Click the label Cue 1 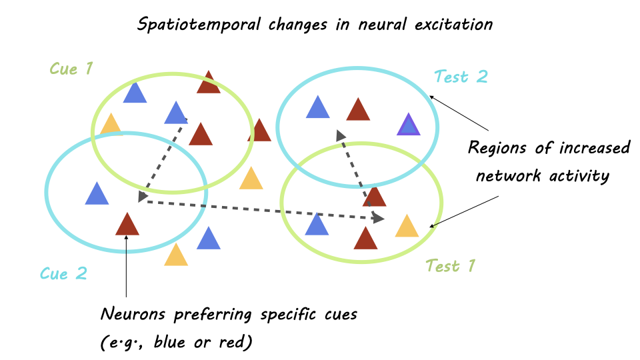[x=71, y=68]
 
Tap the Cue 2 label [x=63, y=273]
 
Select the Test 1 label [x=451, y=266]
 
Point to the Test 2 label [x=461, y=77]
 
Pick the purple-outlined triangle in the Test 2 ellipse [x=408, y=125]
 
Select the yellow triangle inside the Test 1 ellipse [x=406, y=227]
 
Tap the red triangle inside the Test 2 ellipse [x=358, y=110]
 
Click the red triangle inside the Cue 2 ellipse [x=127, y=224]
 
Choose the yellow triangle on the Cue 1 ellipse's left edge [x=111, y=125]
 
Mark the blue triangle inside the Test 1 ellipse [x=317, y=225]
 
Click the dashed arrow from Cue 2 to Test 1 [x=260, y=209]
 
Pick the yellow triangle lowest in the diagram [x=176, y=255]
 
